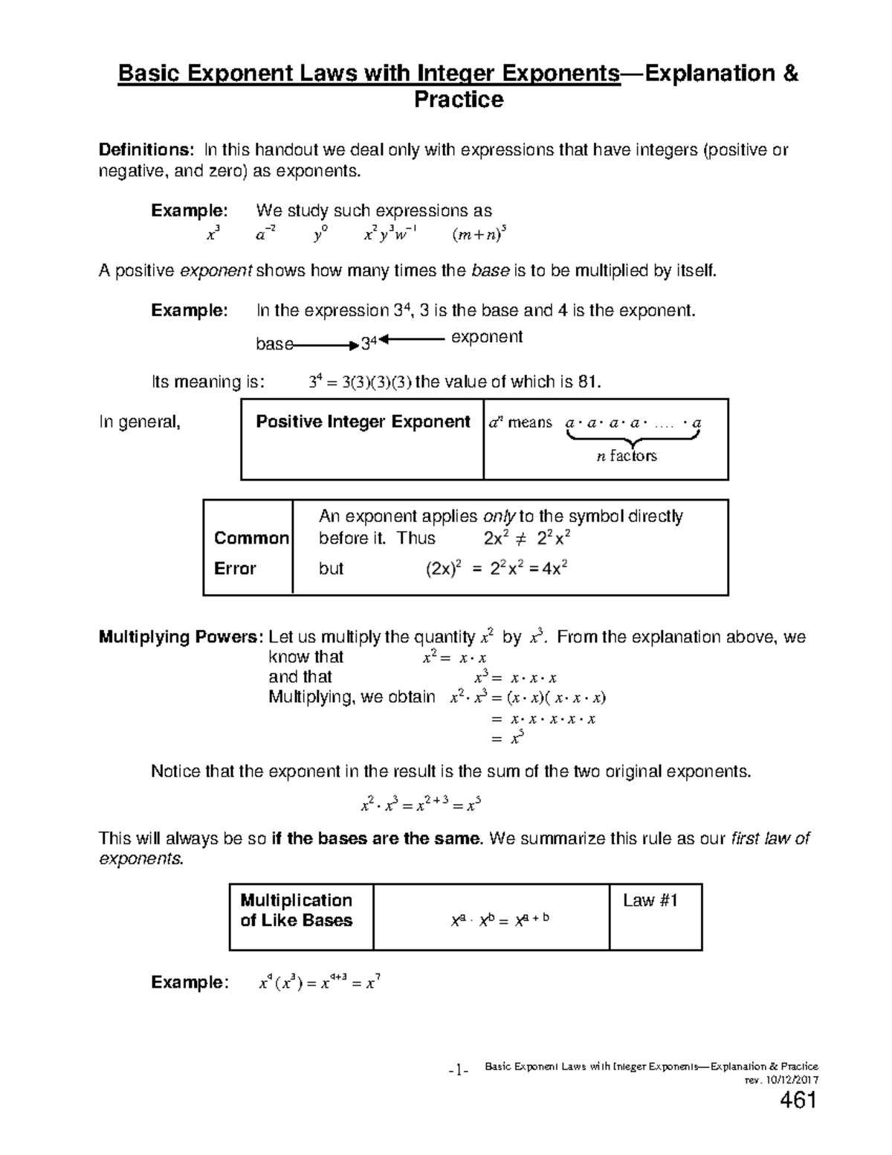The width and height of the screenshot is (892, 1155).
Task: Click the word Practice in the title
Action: pos(459,100)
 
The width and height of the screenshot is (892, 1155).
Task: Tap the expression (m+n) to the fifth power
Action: pos(479,236)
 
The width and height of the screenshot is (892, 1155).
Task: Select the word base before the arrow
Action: pos(274,344)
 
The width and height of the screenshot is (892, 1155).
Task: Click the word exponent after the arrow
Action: pos(487,337)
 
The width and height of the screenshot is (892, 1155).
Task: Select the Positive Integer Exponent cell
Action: pos(363,422)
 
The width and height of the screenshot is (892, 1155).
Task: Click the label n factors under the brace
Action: pos(627,456)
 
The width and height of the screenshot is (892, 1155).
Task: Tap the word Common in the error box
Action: pos(251,538)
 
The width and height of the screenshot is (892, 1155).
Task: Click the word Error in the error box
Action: pos(235,568)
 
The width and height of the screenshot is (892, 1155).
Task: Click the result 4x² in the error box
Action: pos(555,569)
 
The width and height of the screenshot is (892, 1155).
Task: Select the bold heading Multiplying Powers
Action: pos(181,637)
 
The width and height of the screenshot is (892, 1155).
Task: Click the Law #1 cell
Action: pos(650,901)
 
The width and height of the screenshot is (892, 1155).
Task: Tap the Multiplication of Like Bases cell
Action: pos(297,910)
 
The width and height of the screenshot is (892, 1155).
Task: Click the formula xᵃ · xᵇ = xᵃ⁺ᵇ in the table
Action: pos(500,920)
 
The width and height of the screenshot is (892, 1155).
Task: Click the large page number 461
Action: pos(798,1101)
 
